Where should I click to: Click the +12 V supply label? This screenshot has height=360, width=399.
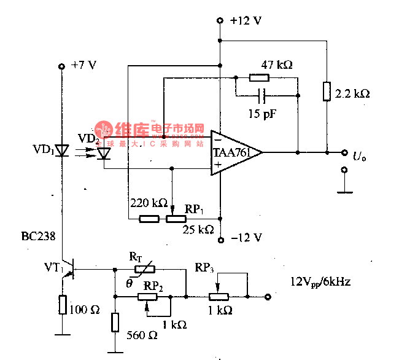pyautogui.click(x=246, y=20)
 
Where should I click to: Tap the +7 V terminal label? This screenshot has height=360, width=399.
pyautogui.click(x=83, y=65)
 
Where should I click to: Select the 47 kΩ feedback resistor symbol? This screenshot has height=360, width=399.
pyautogui.click(x=259, y=78)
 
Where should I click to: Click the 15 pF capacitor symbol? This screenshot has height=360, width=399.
pyautogui.click(x=263, y=96)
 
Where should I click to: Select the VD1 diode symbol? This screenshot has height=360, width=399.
pyautogui.click(x=61, y=151)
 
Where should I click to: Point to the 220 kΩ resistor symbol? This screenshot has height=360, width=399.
pyautogui.click(x=149, y=218)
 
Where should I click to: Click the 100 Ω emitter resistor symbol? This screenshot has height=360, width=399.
pyautogui.click(x=62, y=304)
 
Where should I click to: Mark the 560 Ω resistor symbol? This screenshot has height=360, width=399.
pyautogui.click(x=115, y=322)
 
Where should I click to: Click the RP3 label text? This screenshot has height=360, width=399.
pyautogui.click(x=204, y=269)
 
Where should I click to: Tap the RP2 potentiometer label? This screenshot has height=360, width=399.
pyautogui.click(x=153, y=284)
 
